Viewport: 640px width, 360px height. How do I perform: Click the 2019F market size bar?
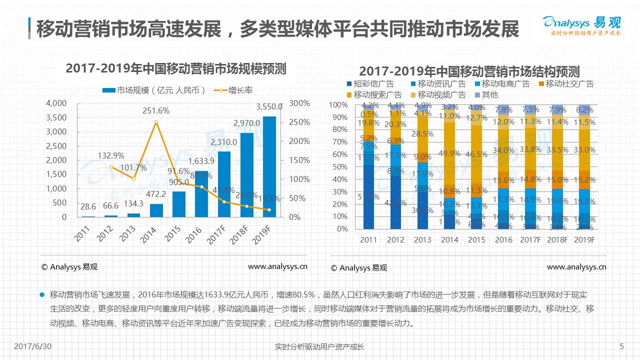tap(269, 167)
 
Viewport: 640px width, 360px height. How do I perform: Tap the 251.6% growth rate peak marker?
tap(156, 122)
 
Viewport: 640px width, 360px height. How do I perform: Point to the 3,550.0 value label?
tap(269, 106)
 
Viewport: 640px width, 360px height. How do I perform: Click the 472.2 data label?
tap(156, 193)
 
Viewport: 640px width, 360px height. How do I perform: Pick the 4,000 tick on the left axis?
tap(56, 103)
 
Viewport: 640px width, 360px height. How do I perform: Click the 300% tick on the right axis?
tap(299, 103)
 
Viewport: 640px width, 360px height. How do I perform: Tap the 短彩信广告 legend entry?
tap(369, 84)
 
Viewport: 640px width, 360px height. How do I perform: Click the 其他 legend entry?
tap(485, 94)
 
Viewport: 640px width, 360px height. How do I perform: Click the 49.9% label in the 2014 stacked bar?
tap(449, 153)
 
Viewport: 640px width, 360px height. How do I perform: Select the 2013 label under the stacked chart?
tap(422, 240)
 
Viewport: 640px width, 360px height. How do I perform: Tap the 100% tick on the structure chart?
tap(338, 105)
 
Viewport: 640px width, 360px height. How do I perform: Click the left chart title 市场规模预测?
tap(175, 69)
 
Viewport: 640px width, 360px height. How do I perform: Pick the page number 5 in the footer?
tap(621, 346)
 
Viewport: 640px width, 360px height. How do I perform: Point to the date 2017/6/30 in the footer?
tap(33, 346)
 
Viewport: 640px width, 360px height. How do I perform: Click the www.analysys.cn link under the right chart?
tap(576, 267)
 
